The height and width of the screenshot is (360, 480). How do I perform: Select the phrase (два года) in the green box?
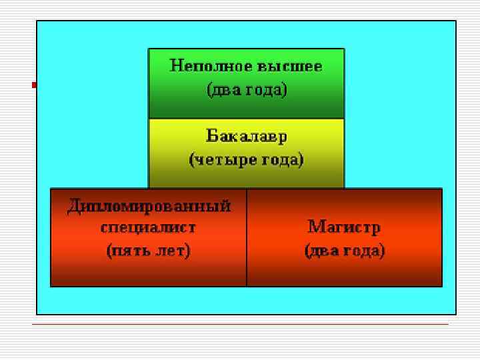pos(246,89)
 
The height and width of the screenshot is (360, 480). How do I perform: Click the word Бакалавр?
pos(246,137)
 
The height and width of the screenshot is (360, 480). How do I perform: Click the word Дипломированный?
pos(149,205)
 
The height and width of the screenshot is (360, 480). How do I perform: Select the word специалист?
pos(149,227)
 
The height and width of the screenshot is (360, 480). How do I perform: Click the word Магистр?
pos(344,227)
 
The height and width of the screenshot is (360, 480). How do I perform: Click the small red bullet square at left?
pos(34,85)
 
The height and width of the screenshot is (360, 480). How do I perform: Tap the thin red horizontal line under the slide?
pos(240,324)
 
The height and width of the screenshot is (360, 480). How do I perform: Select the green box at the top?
pos(246,107)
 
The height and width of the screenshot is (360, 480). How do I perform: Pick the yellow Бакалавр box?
pos(246,177)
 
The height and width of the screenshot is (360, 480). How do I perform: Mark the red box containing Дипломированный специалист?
pos(149,273)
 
